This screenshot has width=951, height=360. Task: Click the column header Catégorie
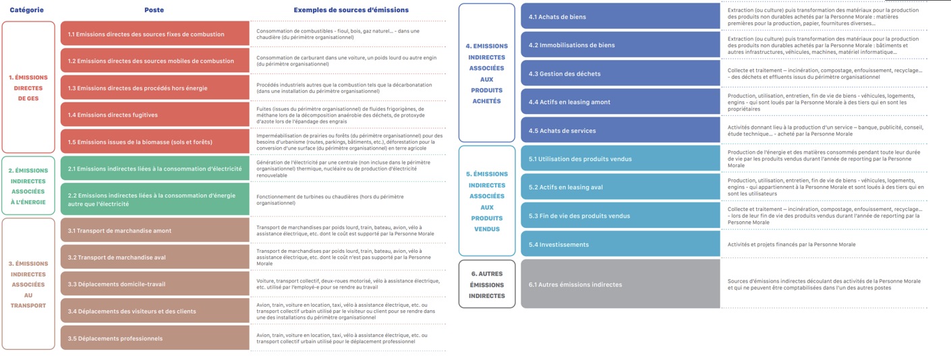click(27, 10)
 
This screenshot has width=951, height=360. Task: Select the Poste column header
click(154, 10)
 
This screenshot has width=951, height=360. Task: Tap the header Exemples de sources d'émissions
click(351, 10)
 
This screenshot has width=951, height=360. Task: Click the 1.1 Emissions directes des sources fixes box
click(154, 34)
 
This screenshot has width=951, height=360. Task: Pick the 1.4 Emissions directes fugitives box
click(154, 115)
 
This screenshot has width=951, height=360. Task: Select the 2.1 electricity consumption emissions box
click(154, 169)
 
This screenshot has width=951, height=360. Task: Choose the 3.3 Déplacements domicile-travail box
click(154, 284)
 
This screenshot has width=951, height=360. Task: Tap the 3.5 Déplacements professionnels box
click(154, 338)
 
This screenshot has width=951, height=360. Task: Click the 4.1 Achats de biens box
click(620, 16)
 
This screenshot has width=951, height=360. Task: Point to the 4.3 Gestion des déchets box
click(620, 73)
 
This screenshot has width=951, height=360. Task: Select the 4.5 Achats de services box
click(620, 130)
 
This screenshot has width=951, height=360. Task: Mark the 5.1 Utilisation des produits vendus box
click(620, 159)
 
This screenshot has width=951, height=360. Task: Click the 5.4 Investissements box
click(620, 244)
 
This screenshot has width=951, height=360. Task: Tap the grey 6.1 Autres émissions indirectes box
click(620, 284)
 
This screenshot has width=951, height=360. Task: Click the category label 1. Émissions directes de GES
click(28, 88)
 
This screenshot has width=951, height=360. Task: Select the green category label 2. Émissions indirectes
click(28, 186)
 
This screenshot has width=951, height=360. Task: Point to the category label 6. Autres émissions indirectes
click(487, 284)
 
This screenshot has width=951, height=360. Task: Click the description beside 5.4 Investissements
click(791, 245)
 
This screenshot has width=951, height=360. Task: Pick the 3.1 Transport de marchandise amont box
click(154, 231)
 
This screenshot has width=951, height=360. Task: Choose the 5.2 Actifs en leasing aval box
click(620, 187)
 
